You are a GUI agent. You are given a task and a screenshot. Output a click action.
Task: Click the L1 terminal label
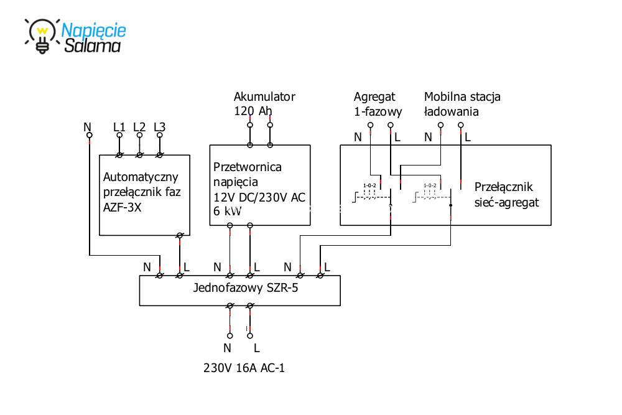click(119, 127)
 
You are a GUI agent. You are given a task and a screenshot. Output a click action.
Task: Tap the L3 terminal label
click(159, 127)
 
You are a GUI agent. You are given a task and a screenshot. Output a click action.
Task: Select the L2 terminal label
click(139, 127)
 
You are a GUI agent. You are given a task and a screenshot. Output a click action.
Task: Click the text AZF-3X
click(123, 207)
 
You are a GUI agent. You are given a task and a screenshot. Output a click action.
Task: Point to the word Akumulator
click(264, 96)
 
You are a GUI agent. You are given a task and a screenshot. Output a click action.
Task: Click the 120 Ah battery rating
click(253, 111)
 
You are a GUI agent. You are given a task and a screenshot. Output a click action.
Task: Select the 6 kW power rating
click(228, 212)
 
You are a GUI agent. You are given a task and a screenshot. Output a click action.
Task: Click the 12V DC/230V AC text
click(259, 197)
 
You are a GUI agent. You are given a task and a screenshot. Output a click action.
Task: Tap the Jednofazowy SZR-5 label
click(239, 288)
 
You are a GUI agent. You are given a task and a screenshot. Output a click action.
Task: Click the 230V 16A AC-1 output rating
click(245, 368)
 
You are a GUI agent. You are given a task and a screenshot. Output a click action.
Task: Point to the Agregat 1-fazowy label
click(378, 104)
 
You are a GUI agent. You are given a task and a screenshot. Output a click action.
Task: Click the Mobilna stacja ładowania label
click(462, 104)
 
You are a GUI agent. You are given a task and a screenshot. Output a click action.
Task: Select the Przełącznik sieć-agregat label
click(506, 195)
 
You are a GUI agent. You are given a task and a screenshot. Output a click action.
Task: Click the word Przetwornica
click(248, 167)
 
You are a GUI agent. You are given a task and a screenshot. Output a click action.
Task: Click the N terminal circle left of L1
click(89, 134)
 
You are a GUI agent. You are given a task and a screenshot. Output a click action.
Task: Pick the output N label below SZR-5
click(228, 348)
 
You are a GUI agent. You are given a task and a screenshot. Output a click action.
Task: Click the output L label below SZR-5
click(256, 348)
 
